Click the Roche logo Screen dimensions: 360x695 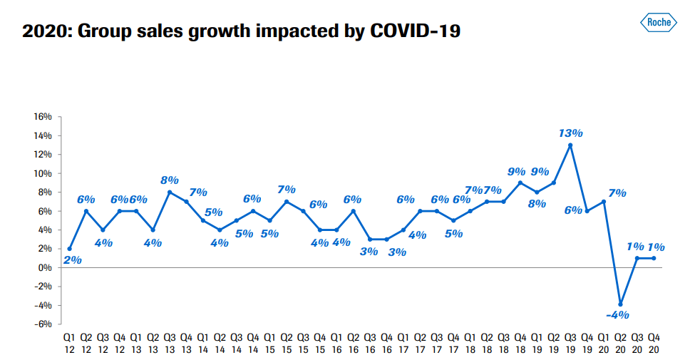pyautogui.click(x=659, y=24)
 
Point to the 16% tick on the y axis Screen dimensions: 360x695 pyautogui.click(x=42, y=117)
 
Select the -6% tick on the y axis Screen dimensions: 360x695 pyautogui.click(x=42, y=324)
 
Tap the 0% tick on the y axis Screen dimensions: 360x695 pyautogui.click(x=44, y=267)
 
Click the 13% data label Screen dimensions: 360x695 pyautogui.click(x=571, y=133)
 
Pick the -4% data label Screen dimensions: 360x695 pyautogui.click(x=618, y=314)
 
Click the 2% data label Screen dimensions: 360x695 pyautogui.click(x=73, y=260)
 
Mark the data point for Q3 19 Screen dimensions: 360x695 pyautogui.click(x=570, y=145)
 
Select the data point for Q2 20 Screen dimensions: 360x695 pyautogui.click(x=621, y=304)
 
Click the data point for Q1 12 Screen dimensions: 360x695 pyautogui.click(x=69, y=249)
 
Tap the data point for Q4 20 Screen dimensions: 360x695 pyautogui.click(x=654, y=258)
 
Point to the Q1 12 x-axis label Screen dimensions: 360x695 pyautogui.click(x=69, y=341)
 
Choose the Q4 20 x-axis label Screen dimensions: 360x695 pyautogui.click(x=654, y=341)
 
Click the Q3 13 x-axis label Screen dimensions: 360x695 pyautogui.click(x=170, y=341)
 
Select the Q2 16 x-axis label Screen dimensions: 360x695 pyautogui.click(x=353, y=341)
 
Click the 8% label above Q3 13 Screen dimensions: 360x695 pyautogui.click(x=170, y=180)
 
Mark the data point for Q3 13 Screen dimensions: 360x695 pyautogui.click(x=170, y=192)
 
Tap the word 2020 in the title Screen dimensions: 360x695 pyautogui.click(x=46, y=31)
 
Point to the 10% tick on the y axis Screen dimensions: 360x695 pyautogui.click(x=42, y=173)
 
